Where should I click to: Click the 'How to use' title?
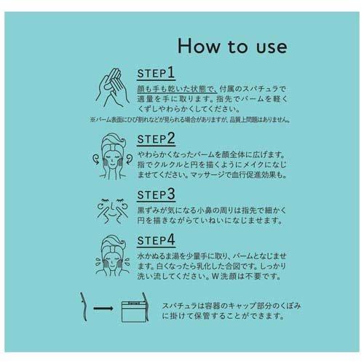232,46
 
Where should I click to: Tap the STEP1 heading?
156,73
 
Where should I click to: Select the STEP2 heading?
156,139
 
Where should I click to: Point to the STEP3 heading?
156,194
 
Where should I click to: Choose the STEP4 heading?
156,240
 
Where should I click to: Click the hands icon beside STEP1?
112,88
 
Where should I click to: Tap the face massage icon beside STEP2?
112,157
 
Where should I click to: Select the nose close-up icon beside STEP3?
112,210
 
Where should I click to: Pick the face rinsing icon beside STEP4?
112,256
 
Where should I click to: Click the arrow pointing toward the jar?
103,309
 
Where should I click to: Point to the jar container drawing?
134,312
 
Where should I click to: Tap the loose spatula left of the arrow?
84,306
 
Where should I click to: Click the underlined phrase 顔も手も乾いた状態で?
177,89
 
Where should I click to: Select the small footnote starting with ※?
190,119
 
